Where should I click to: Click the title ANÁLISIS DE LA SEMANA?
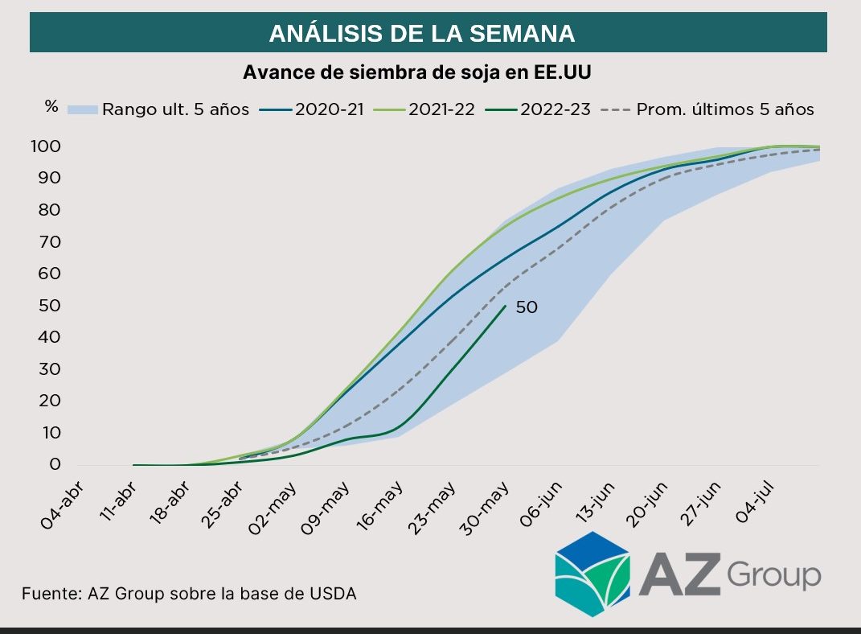(422, 34)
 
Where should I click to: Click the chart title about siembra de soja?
(416, 72)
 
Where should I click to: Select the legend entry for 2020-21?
(312, 109)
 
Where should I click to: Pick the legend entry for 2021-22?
(424, 109)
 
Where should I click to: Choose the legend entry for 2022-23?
(538, 109)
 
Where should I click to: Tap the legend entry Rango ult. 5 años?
(158, 109)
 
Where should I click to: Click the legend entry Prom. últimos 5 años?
(707, 109)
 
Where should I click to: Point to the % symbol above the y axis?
(51, 106)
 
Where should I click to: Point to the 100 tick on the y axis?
(46, 146)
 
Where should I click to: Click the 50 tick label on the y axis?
(49, 306)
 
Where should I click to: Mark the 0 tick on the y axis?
(55, 464)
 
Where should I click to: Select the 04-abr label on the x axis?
(61, 505)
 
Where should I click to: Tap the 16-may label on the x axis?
(380, 506)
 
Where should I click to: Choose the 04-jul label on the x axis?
(754, 502)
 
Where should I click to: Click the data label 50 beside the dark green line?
(527, 307)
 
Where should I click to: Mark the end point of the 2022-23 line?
(506, 306)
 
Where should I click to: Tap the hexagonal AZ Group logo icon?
(592, 574)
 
